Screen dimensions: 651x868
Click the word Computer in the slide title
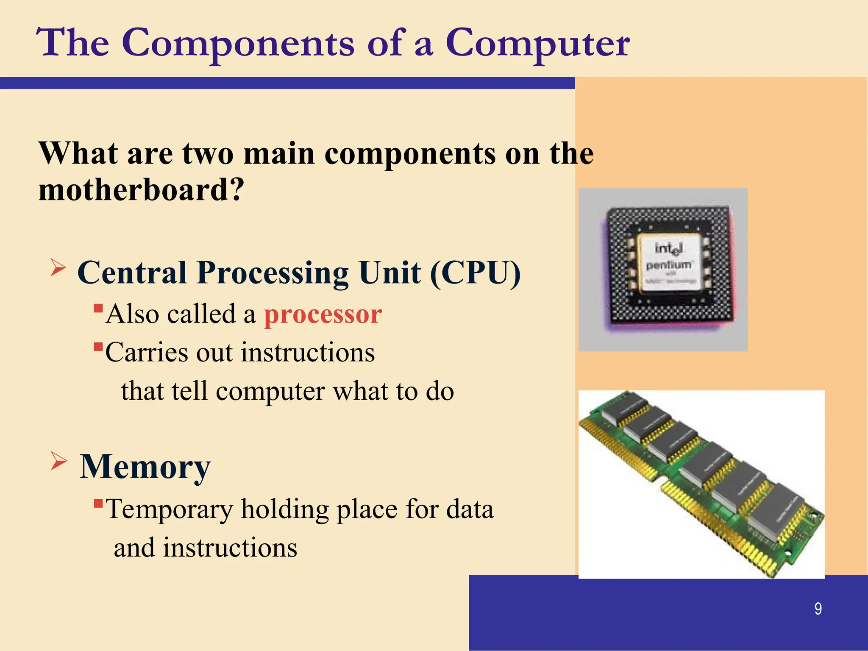pyautogui.click(x=537, y=43)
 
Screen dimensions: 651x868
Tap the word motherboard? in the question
pyautogui.click(x=141, y=190)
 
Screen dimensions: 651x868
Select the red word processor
pyautogui.click(x=323, y=314)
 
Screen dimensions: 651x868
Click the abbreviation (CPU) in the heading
pyautogui.click(x=475, y=273)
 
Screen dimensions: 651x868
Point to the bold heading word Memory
pyautogui.click(x=145, y=467)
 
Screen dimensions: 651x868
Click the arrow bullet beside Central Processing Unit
pyautogui.click(x=58, y=268)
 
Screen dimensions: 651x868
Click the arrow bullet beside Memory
pyautogui.click(x=58, y=461)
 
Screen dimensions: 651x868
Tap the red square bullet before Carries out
pyautogui.click(x=98, y=347)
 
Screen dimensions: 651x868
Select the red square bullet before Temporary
pyautogui.click(x=98, y=504)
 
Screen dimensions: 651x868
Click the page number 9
pyautogui.click(x=818, y=609)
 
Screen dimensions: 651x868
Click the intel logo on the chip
pyautogui.click(x=668, y=248)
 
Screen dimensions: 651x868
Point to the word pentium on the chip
pyautogui.click(x=669, y=265)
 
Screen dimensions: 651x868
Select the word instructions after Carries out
pyautogui.click(x=308, y=353)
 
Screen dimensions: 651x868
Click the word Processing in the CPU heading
pyautogui.click(x=273, y=273)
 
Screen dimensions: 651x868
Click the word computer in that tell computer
pyautogui.click(x=270, y=391)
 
